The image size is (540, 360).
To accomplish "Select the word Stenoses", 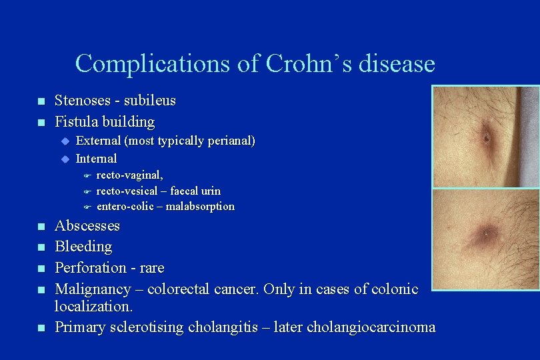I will click(82, 101).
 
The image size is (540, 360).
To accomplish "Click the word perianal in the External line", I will click(228, 141).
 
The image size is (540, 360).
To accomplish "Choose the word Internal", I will click(97, 159).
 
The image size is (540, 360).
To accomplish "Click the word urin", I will click(208, 191).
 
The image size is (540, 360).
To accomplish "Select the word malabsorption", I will click(200, 207).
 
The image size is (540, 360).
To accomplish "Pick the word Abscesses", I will click(87, 226).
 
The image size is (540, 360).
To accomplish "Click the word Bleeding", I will click(83, 247).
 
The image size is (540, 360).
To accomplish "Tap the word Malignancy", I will click(91, 289).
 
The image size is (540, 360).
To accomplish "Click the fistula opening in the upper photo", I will click(487, 139).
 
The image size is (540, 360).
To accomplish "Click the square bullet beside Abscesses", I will click(40, 227).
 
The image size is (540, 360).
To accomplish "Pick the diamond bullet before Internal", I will click(65, 159).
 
